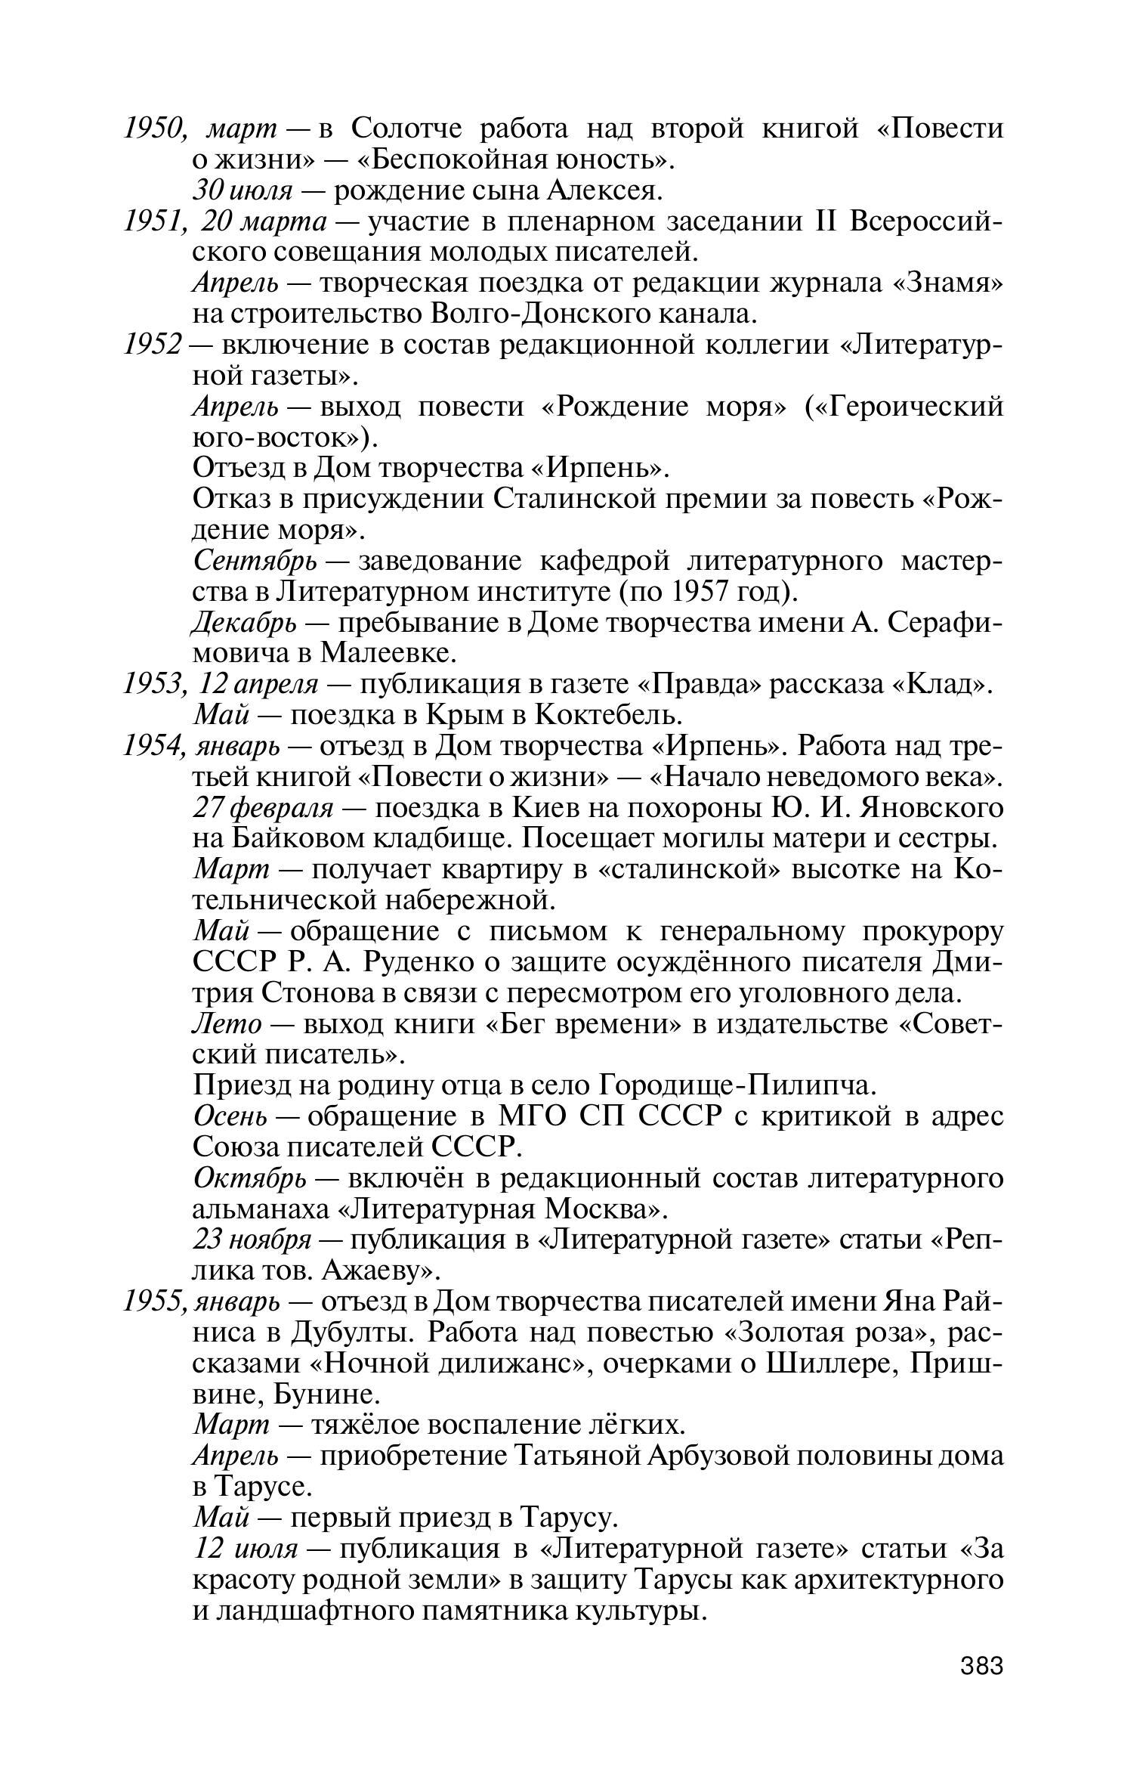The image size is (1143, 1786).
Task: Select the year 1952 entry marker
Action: pyautogui.click(x=153, y=345)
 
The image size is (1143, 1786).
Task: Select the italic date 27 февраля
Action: pyautogui.click(x=263, y=808)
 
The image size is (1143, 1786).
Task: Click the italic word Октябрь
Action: pyautogui.click(x=250, y=1178)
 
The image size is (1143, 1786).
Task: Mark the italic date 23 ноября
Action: pyautogui.click(x=252, y=1240)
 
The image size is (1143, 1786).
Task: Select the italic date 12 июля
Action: pyautogui.click(x=246, y=1549)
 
